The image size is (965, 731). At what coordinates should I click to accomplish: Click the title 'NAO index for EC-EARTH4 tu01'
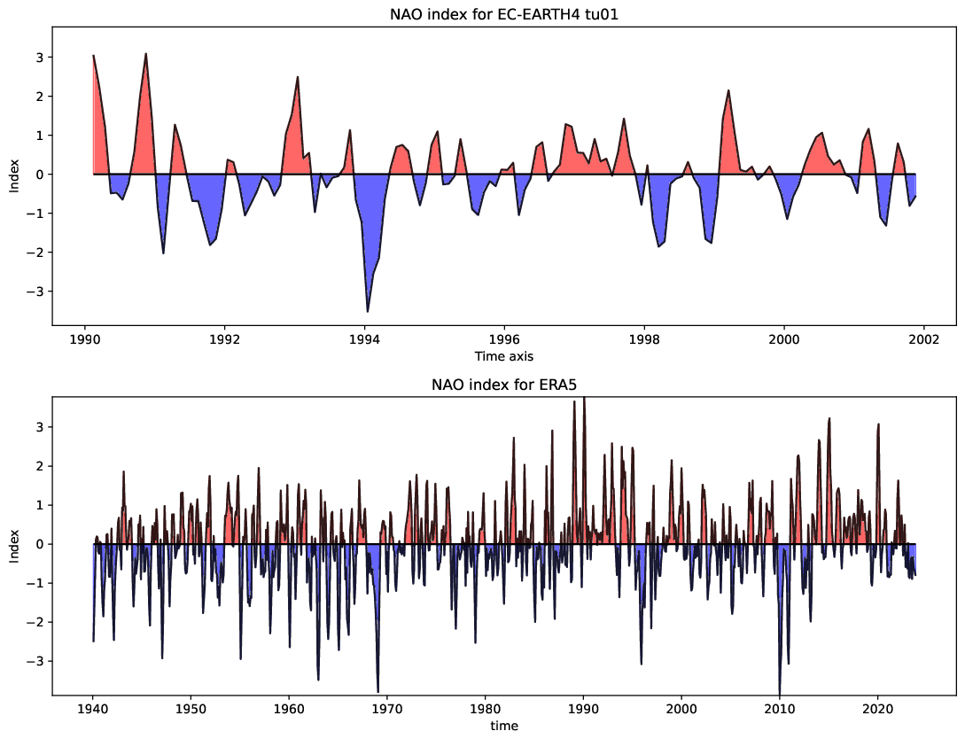tap(504, 14)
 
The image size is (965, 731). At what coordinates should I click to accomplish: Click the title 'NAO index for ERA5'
tap(504, 385)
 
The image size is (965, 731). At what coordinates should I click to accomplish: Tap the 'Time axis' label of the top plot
tap(504, 355)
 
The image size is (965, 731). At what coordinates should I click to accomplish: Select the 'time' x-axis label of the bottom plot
tap(504, 725)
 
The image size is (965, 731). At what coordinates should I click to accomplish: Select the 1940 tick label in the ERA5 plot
tap(93, 709)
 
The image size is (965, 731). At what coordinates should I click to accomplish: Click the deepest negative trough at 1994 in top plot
tap(368, 311)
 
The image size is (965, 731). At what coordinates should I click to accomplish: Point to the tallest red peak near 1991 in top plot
tap(145, 54)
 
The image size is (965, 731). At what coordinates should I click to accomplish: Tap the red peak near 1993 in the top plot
tap(298, 77)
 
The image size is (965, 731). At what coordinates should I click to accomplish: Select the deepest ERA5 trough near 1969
tap(377, 691)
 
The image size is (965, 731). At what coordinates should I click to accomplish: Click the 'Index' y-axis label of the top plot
tap(13, 175)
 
